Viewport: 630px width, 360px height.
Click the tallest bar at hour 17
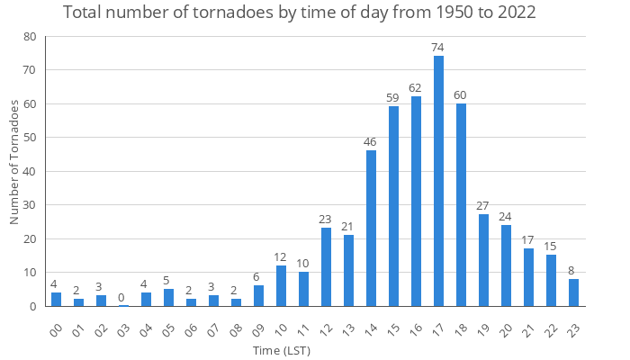click(x=438, y=181)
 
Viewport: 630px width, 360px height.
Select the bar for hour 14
click(x=371, y=229)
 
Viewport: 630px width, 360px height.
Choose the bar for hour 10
click(x=281, y=286)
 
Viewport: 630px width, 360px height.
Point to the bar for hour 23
click(x=573, y=292)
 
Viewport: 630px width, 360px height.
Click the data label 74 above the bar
click(x=438, y=47)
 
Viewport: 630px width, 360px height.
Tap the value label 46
click(x=371, y=141)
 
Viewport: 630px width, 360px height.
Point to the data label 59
click(x=393, y=98)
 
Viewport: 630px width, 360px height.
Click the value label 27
click(x=483, y=205)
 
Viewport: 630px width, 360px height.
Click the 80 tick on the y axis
click(x=31, y=37)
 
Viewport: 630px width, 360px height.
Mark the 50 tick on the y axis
click(x=31, y=138)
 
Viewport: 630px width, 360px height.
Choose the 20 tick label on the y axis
click(x=31, y=239)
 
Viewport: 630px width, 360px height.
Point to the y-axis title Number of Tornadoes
click(x=14, y=162)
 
